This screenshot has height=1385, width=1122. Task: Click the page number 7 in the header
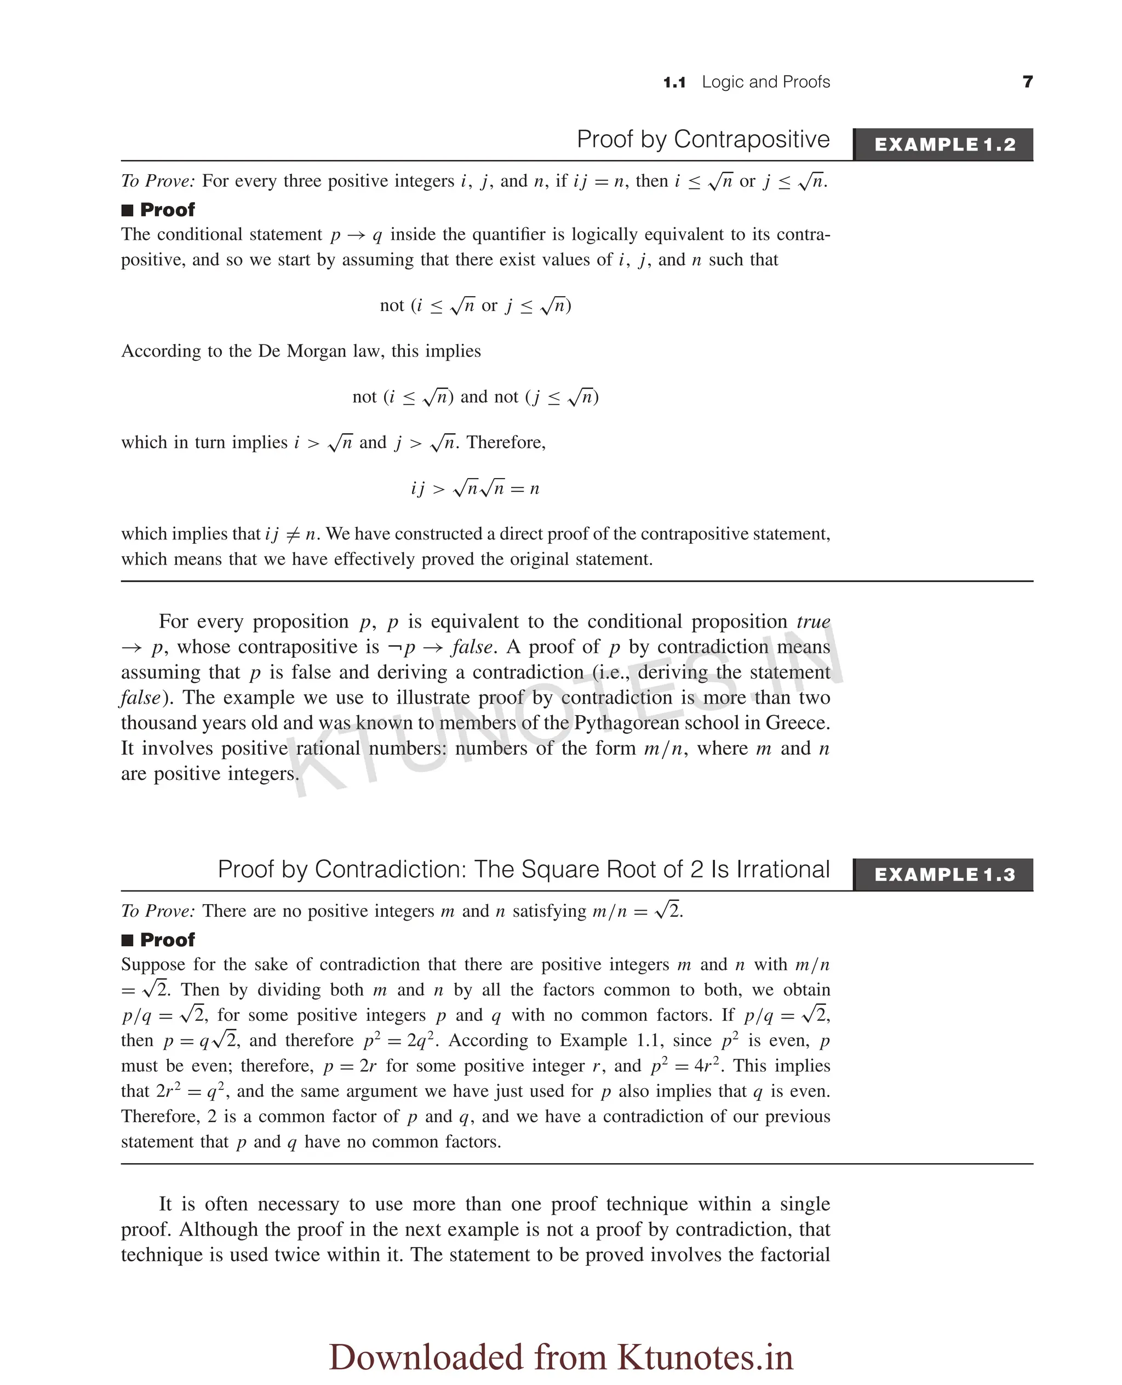(x=1028, y=82)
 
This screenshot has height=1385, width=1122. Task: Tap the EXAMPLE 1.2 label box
(x=944, y=145)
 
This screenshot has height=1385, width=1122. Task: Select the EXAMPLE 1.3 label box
(x=944, y=875)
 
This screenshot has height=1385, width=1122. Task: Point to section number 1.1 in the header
(x=674, y=83)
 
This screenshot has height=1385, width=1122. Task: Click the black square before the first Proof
(x=127, y=211)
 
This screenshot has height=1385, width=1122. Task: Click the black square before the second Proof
(x=127, y=940)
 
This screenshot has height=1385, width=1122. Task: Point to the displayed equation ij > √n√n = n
(x=475, y=489)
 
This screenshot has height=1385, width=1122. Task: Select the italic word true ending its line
(x=813, y=622)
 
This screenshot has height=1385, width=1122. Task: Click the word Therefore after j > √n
(x=506, y=442)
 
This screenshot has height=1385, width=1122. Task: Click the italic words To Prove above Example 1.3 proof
(x=158, y=911)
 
